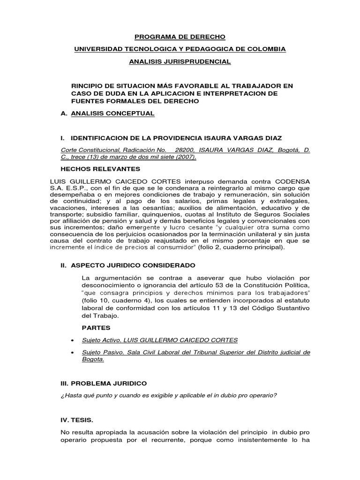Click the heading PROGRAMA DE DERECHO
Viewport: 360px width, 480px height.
pos(180,37)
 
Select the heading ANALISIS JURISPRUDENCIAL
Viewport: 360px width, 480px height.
pos(180,61)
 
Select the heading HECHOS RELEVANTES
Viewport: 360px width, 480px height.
pos(97,169)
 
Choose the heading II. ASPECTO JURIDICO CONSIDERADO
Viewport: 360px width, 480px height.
pos(125,265)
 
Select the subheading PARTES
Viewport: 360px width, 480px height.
pos(93,328)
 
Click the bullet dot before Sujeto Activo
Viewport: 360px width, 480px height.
pos(71,340)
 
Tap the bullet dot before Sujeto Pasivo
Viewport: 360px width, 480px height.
pos(71,352)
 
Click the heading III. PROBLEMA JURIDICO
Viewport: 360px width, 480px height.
pos(104,383)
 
